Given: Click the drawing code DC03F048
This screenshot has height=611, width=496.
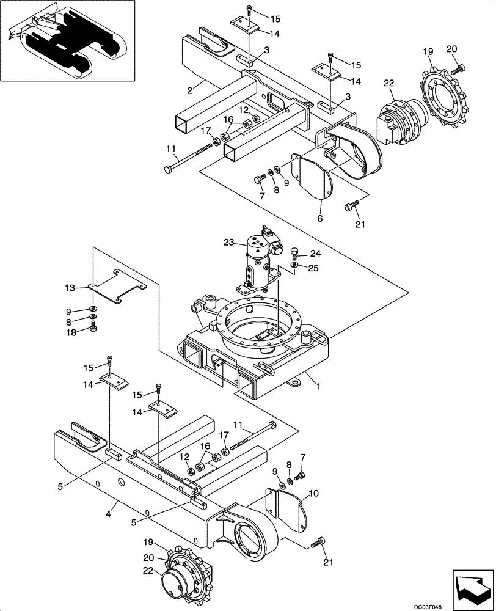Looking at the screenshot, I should (469, 604).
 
